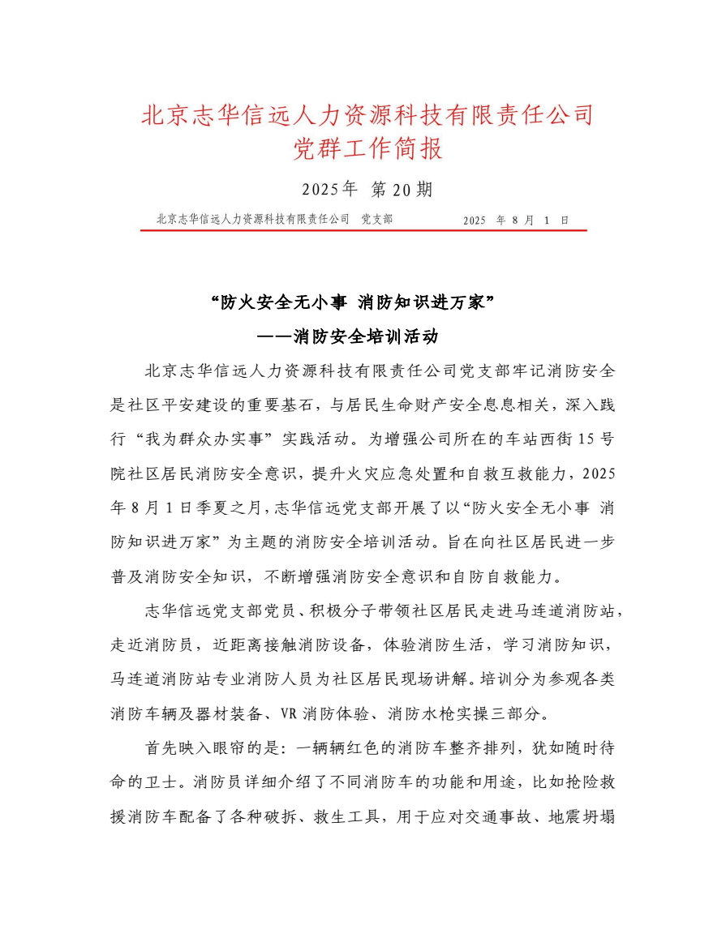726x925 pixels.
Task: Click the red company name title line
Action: [367, 114]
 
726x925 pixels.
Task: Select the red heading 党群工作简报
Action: [367, 150]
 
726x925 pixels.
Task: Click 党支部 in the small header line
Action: [376, 219]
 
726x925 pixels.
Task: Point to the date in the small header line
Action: [516, 220]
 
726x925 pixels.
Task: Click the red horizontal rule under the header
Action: [363, 229]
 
